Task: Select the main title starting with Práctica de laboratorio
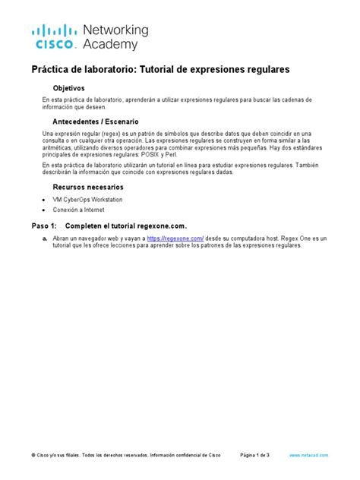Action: pos(160,69)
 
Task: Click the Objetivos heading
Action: pos(73,88)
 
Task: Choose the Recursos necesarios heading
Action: pos(87,187)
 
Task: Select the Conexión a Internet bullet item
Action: pos(78,210)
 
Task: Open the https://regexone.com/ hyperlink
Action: pos(175,238)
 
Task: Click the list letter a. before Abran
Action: pos(46,238)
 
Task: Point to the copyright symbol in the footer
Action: pos(33,455)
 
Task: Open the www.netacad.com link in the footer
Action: pos(309,455)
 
